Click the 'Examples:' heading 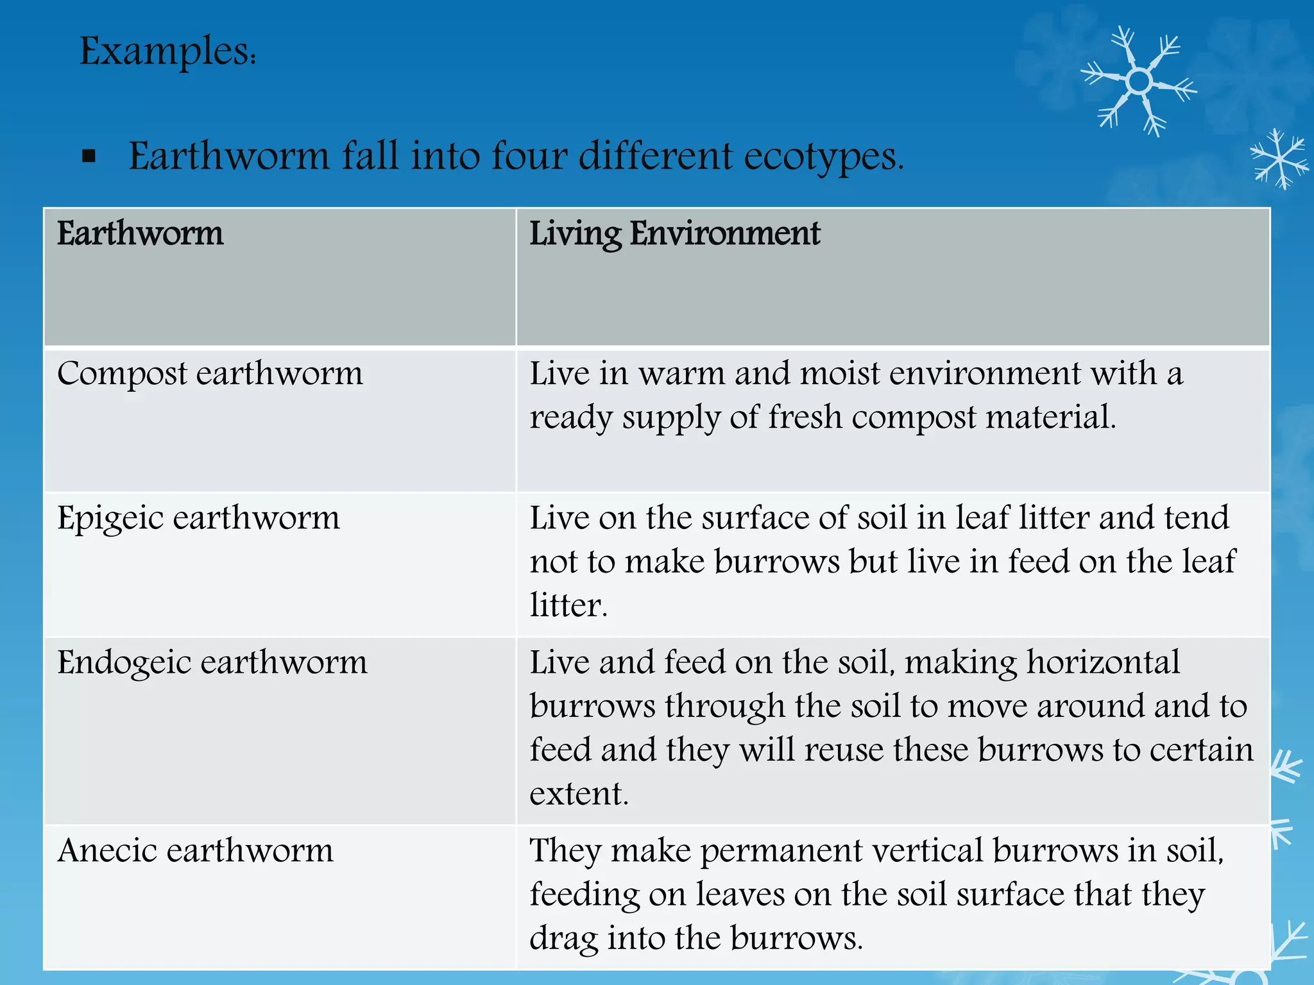[167, 51]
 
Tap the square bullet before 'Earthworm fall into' [89, 156]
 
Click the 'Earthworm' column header [140, 233]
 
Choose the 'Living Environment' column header [674, 233]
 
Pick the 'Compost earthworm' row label [210, 374]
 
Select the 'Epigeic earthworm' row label [198, 518]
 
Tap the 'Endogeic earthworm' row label [212, 662]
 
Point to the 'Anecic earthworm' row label [195, 851]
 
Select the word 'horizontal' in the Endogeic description [1103, 662]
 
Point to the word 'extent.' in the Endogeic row [579, 794]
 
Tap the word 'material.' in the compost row [1050, 417]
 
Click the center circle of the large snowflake [1139, 81]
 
